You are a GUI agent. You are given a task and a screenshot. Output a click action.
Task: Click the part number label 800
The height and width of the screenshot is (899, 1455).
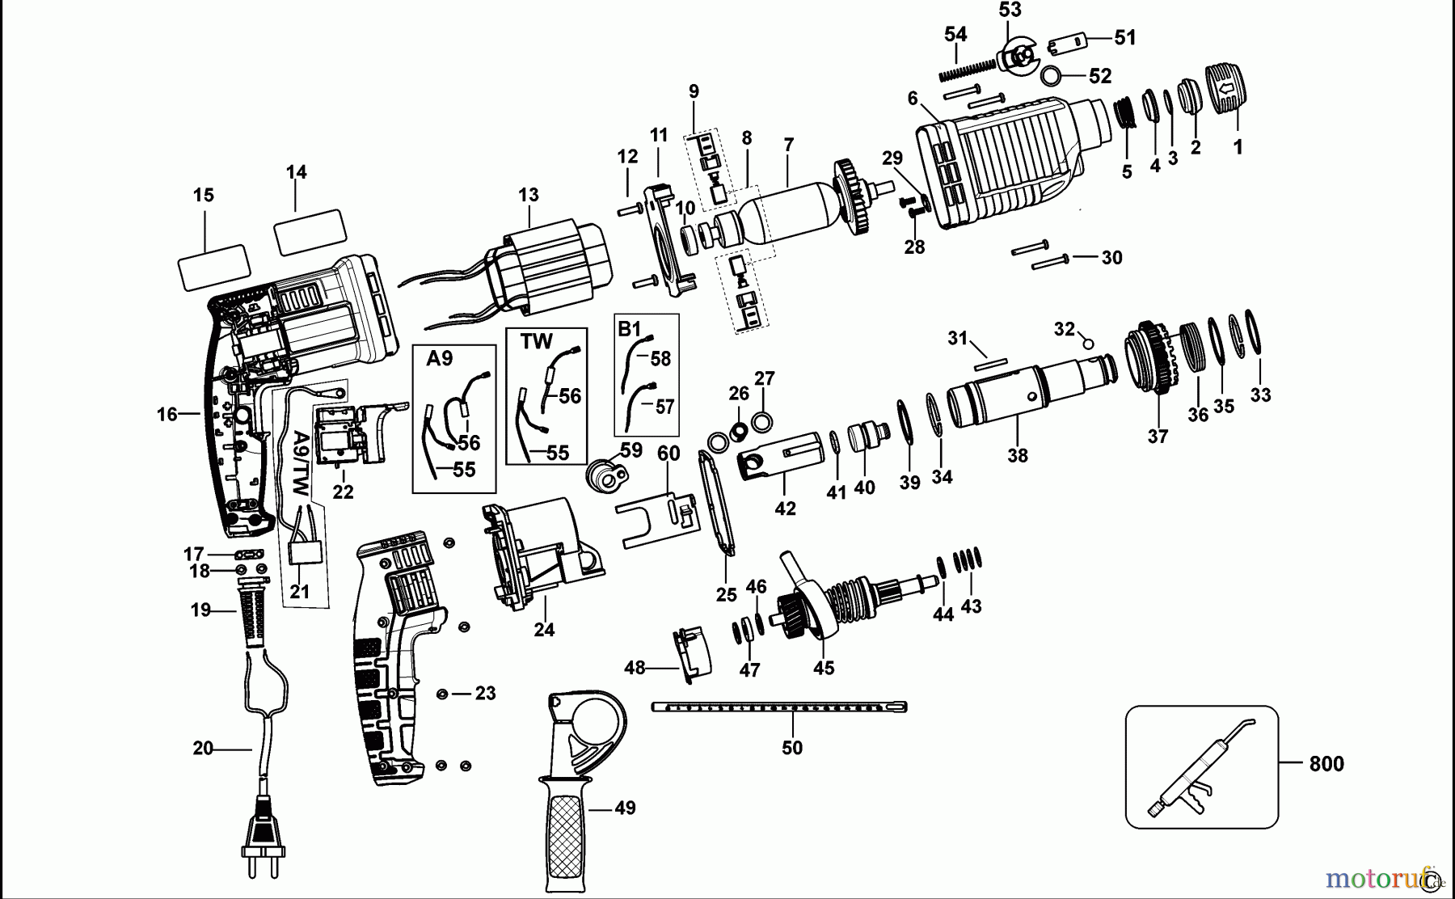(1326, 764)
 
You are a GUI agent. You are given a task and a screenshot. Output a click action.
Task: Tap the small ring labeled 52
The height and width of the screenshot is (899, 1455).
(1052, 76)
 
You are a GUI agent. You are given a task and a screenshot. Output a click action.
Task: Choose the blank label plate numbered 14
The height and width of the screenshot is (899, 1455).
(310, 231)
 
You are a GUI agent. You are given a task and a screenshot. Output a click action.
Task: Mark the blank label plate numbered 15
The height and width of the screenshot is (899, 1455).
(213, 267)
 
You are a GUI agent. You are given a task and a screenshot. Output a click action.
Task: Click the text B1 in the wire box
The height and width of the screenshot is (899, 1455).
(629, 328)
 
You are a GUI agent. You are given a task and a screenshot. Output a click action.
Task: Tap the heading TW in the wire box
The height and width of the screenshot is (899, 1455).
(536, 341)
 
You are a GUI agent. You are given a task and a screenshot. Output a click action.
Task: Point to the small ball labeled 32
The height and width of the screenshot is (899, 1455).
(1088, 344)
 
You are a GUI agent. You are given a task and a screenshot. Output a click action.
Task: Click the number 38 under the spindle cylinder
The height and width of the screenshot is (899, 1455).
(1017, 455)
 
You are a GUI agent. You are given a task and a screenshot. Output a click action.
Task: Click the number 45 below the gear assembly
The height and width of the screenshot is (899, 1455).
(824, 668)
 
